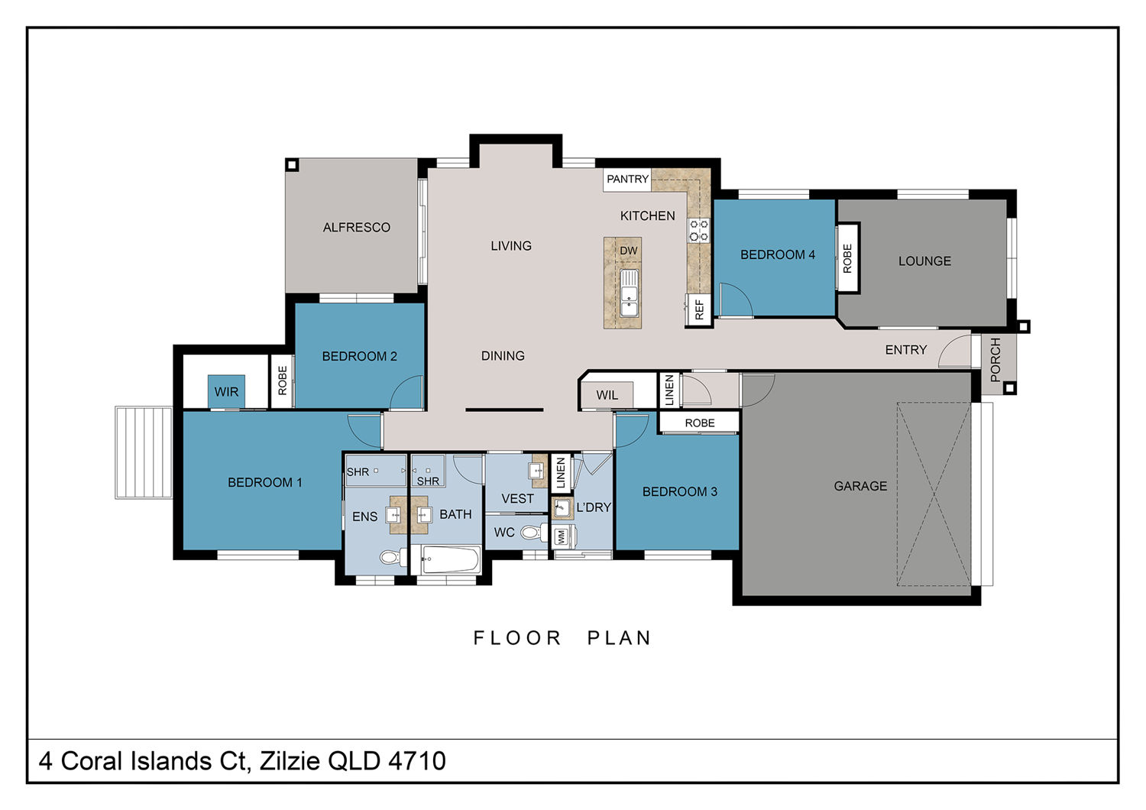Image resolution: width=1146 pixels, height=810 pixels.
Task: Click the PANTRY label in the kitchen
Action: pyautogui.click(x=627, y=179)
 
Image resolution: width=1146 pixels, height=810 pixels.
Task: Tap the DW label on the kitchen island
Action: pyautogui.click(x=628, y=251)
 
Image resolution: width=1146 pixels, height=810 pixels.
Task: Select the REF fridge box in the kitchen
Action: pyautogui.click(x=699, y=310)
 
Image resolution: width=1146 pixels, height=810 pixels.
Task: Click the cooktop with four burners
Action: pyautogui.click(x=699, y=230)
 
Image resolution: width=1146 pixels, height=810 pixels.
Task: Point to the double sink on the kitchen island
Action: pyautogui.click(x=629, y=293)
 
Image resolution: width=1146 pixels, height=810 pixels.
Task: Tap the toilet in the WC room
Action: pyautogui.click(x=534, y=533)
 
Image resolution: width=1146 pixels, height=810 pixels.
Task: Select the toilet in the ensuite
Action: pyautogui.click(x=393, y=557)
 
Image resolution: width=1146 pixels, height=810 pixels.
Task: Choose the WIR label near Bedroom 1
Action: pyautogui.click(x=226, y=392)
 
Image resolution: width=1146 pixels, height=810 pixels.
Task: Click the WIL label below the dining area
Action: pyautogui.click(x=607, y=395)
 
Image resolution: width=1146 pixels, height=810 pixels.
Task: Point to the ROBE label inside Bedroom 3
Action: pyautogui.click(x=699, y=423)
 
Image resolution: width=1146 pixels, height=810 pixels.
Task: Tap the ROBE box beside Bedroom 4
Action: pyautogui.click(x=847, y=258)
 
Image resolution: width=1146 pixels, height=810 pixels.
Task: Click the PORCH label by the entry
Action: pyautogui.click(x=995, y=360)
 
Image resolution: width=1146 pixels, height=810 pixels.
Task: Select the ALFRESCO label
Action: pyautogui.click(x=356, y=227)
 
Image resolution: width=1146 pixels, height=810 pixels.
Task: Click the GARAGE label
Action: pyautogui.click(x=860, y=486)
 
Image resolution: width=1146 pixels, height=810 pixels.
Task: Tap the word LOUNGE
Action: pyautogui.click(x=924, y=261)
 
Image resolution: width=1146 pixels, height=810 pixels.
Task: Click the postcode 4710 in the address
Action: pyautogui.click(x=417, y=761)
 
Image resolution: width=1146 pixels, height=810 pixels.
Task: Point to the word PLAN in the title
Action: pyautogui.click(x=619, y=638)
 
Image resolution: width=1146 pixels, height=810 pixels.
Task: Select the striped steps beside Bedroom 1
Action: pyautogui.click(x=144, y=452)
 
